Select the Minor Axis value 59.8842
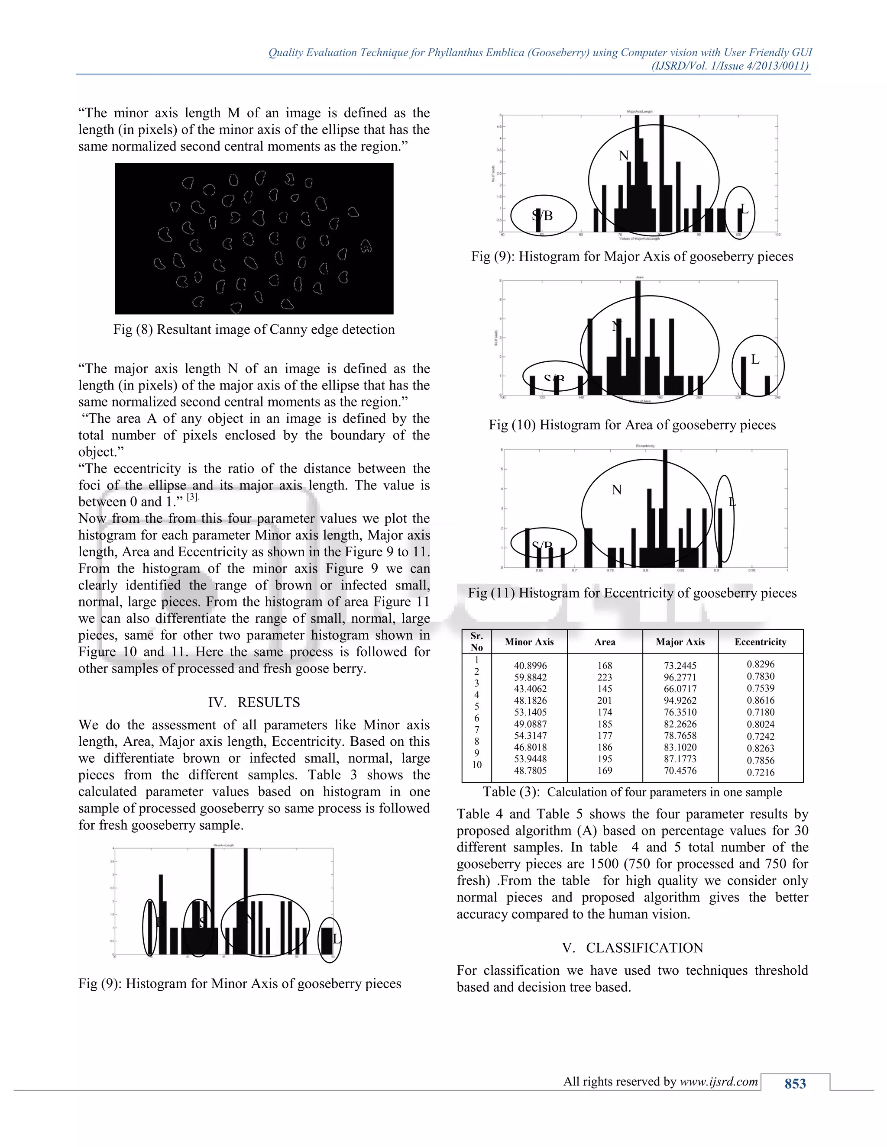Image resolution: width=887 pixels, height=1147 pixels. click(530, 677)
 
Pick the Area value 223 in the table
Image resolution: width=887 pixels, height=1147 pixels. click(604, 677)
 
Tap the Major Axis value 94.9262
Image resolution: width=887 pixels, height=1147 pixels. click(680, 701)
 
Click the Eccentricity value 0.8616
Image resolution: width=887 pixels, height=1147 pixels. click(761, 700)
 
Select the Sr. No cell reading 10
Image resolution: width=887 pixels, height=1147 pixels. click(476, 765)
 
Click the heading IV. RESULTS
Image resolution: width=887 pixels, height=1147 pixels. click(254, 702)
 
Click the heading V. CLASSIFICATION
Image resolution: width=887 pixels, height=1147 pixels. click(632, 947)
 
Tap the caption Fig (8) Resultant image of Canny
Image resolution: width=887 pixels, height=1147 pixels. click(254, 329)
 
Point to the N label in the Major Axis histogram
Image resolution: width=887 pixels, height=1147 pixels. click(623, 156)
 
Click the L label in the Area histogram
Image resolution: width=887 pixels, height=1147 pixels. click(755, 360)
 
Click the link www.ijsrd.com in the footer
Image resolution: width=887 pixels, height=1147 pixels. click(719, 1081)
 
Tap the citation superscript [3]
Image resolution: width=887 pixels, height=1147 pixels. click(193, 497)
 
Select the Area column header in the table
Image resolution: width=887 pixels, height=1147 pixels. click(604, 642)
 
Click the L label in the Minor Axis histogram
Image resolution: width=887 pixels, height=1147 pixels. click(336, 938)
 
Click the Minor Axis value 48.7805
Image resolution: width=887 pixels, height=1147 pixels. click(530, 771)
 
